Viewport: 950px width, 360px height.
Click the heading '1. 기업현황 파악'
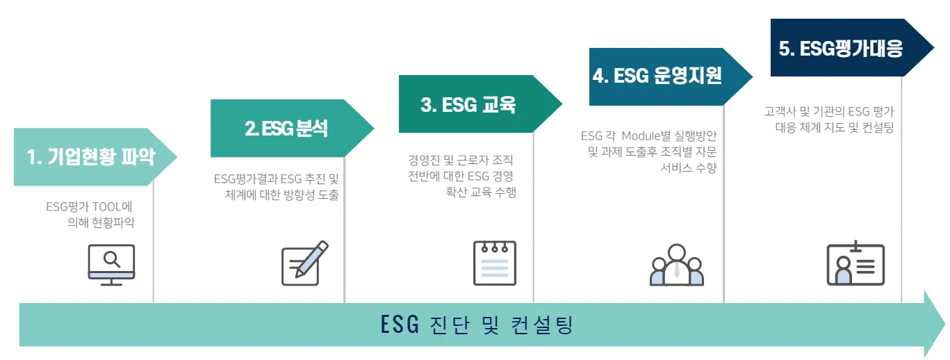[x=90, y=157]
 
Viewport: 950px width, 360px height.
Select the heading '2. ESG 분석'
[x=286, y=129]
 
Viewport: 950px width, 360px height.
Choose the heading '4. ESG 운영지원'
[x=657, y=76]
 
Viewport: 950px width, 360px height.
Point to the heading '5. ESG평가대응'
[x=840, y=49]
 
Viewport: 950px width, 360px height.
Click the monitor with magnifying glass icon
[x=111, y=265]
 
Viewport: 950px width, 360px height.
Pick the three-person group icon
[x=677, y=265]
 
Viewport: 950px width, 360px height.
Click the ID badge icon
[x=855, y=263]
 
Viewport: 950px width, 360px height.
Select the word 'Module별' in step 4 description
[x=644, y=135]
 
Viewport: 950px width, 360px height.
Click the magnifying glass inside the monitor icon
[x=111, y=259]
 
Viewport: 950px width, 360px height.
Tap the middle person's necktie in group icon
[x=677, y=270]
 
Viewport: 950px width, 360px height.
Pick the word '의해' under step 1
[x=79, y=222]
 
